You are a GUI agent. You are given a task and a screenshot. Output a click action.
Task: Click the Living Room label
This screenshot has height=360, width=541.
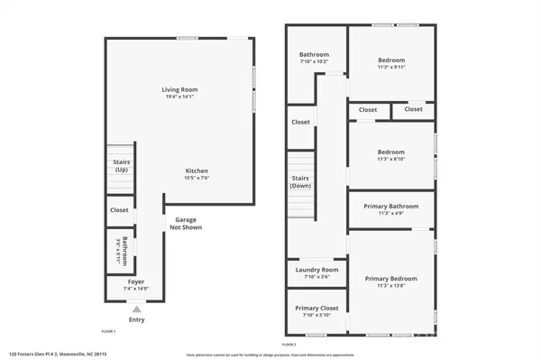tap(179, 89)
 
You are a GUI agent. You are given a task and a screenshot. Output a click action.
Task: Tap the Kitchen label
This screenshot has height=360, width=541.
tap(197, 171)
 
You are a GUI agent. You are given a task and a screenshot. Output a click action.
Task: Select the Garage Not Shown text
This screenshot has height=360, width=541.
tap(186, 223)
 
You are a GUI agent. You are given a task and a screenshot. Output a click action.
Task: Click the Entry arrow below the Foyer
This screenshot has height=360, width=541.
tap(137, 309)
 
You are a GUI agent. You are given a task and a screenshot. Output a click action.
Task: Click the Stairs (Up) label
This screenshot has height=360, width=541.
tap(121, 165)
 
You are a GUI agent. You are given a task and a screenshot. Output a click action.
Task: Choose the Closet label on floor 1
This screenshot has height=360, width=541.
tap(119, 209)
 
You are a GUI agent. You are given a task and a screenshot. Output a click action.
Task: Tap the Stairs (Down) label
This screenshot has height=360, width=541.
tap(301, 182)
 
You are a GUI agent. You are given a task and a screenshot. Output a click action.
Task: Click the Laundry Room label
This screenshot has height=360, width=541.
tap(316, 270)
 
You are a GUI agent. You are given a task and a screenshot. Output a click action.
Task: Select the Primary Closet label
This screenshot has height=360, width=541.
tap(316, 309)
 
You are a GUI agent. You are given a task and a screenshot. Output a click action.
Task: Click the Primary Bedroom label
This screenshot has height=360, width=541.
tap(390, 279)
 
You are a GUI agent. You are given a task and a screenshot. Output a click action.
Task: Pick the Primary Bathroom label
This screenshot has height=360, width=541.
tap(390, 207)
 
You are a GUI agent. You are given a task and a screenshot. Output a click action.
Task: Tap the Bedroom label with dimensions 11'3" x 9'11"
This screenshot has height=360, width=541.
tap(390, 60)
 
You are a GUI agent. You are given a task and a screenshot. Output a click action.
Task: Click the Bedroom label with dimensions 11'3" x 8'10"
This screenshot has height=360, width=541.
tap(390, 152)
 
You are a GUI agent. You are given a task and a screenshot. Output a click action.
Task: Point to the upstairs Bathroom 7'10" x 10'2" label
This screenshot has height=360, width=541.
tap(314, 55)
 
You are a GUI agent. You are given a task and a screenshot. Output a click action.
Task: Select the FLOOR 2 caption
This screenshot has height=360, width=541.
tap(289, 345)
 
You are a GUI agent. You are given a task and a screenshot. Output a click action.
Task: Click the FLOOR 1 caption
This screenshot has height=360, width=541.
tap(108, 332)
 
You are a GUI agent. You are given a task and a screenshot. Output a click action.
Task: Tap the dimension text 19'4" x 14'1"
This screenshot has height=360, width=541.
tap(179, 97)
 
